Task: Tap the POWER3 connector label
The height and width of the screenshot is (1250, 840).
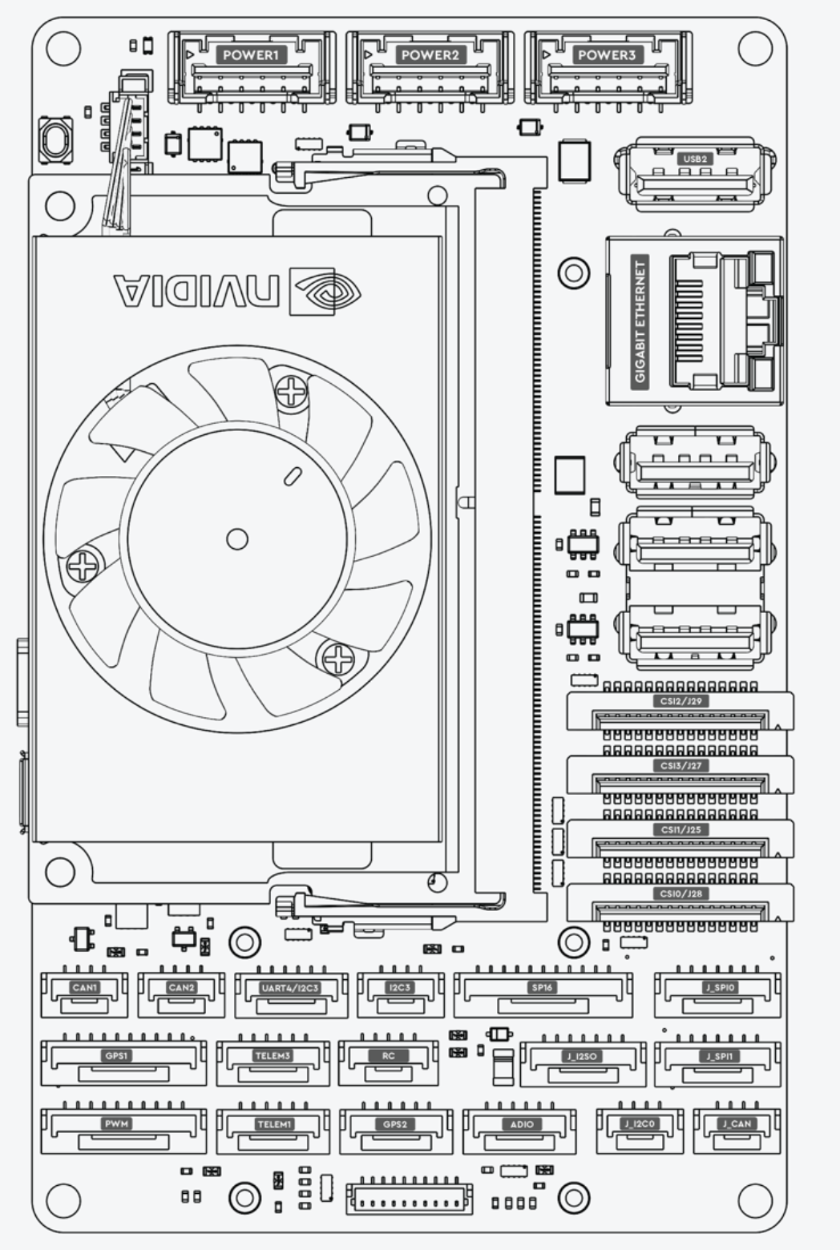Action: pos(606,55)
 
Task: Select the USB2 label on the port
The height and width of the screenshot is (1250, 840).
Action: pos(694,159)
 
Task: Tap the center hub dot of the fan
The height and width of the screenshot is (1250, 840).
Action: pos(237,538)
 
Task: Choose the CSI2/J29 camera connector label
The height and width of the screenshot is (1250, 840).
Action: pos(680,701)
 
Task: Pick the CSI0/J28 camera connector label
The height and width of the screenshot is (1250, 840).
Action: pos(680,893)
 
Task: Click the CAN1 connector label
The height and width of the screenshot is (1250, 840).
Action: pos(84,987)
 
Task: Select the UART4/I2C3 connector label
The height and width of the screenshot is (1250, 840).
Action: pos(290,988)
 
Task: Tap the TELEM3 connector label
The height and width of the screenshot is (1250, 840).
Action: pos(273,1056)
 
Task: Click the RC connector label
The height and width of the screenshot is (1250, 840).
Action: pos(389,1055)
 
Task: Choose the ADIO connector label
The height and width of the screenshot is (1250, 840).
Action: pos(522,1124)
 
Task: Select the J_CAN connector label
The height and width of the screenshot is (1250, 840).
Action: pos(737,1123)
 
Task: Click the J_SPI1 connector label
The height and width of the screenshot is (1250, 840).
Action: pos(717,1056)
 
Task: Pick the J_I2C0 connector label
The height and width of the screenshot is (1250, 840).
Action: pos(640,1123)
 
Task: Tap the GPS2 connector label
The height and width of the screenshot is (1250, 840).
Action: pos(395,1124)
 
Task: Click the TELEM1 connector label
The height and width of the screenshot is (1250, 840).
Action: pos(273,1124)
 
